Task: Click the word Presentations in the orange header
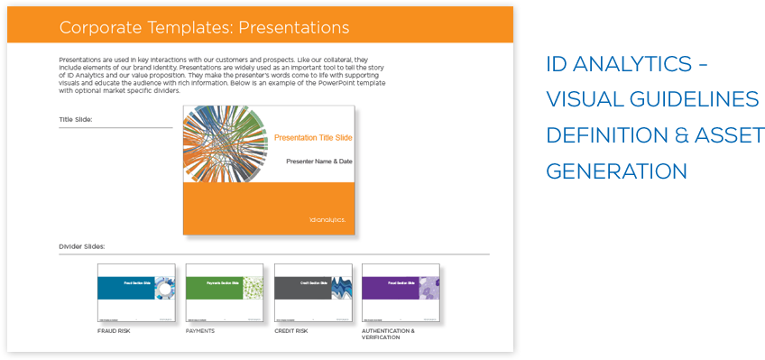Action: [x=290, y=28]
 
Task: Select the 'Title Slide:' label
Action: [x=76, y=119]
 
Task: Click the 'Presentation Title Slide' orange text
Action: [x=313, y=138]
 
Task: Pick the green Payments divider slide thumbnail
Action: [x=225, y=293]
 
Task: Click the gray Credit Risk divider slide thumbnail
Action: [x=313, y=293]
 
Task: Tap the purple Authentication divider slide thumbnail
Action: [x=401, y=293]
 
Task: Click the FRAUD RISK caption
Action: [x=115, y=331]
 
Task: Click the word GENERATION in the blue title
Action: [x=616, y=171]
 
